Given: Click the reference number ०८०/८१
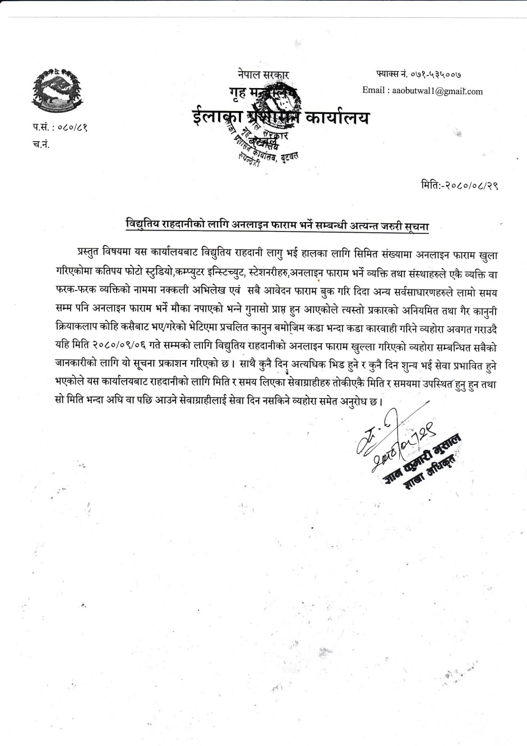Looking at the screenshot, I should pos(72,128).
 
